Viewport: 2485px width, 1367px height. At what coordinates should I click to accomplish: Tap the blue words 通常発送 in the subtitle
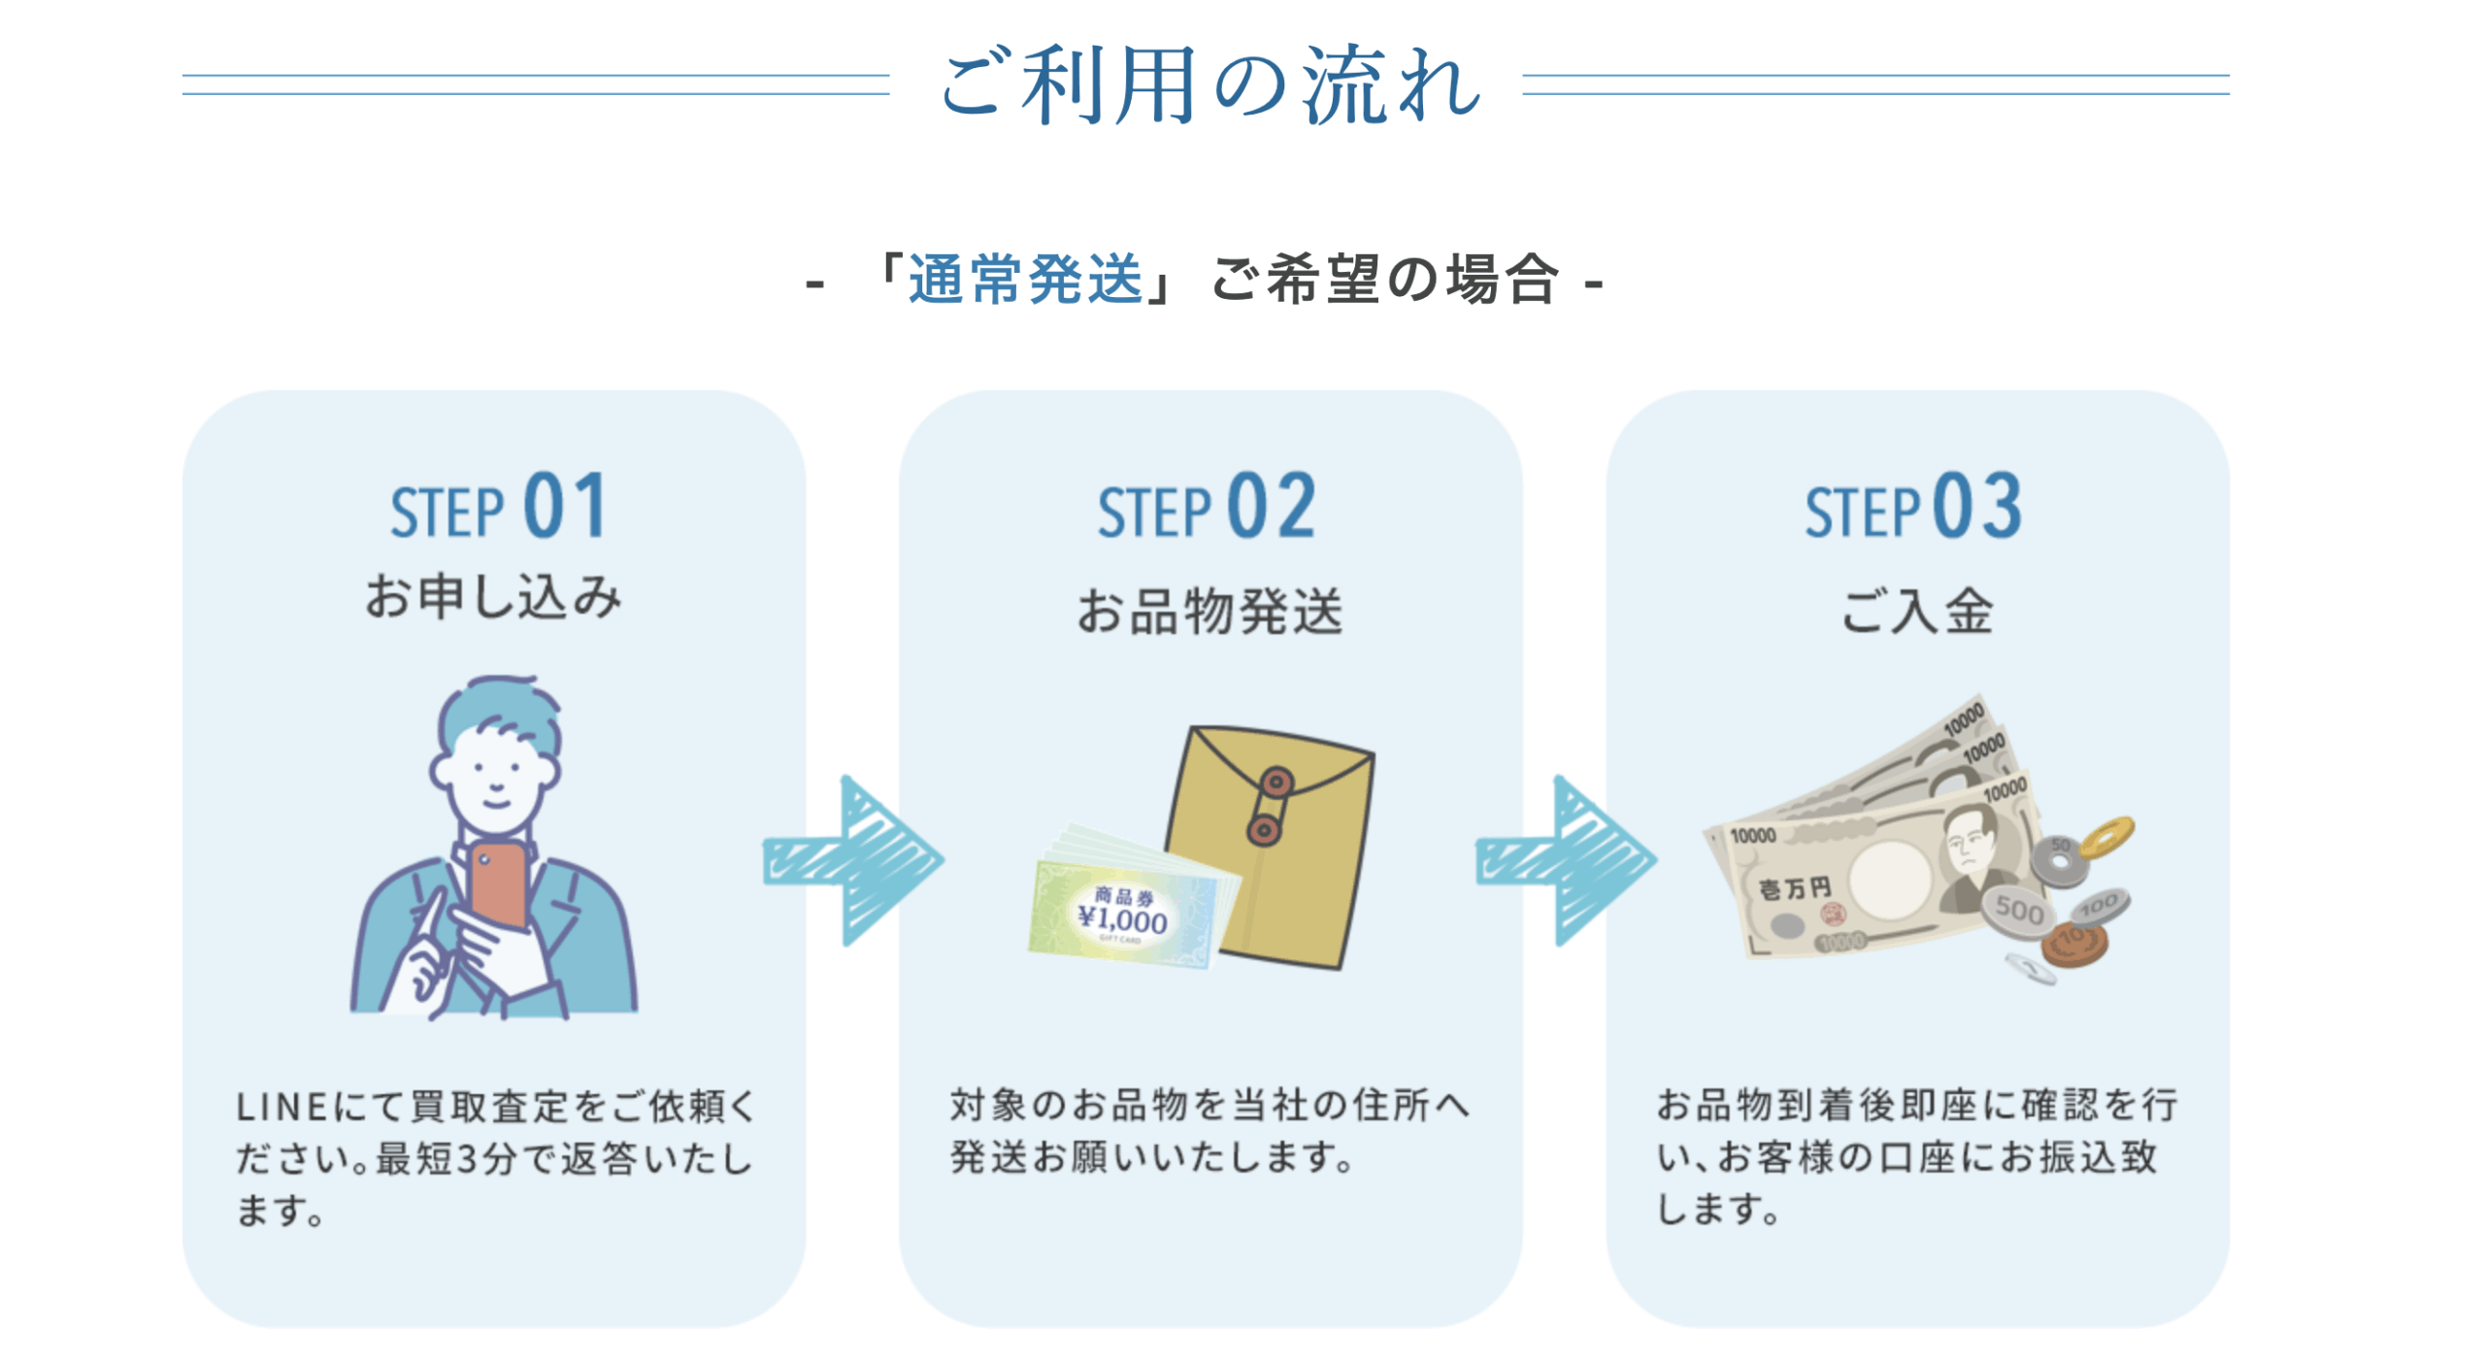click(x=1025, y=280)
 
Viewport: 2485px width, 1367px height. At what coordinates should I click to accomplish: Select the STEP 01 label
click(x=498, y=508)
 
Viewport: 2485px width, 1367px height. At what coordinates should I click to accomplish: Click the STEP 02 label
click(x=1206, y=508)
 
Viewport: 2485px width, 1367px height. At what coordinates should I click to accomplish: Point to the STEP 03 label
click(x=1912, y=508)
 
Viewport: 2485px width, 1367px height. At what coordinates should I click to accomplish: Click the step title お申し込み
click(x=493, y=596)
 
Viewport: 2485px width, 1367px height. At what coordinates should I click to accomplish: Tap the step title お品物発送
click(x=1209, y=612)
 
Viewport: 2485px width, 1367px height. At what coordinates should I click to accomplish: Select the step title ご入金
click(x=1917, y=612)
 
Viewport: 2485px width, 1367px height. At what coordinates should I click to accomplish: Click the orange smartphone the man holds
click(x=498, y=884)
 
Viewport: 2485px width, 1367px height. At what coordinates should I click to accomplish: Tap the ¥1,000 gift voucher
click(x=1124, y=913)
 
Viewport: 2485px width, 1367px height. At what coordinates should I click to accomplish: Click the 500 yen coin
click(x=2017, y=911)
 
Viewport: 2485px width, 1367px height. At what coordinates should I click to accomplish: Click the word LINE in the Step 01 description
click(x=282, y=1106)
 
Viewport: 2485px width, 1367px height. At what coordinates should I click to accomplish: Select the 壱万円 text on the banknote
click(x=1796, y=888)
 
